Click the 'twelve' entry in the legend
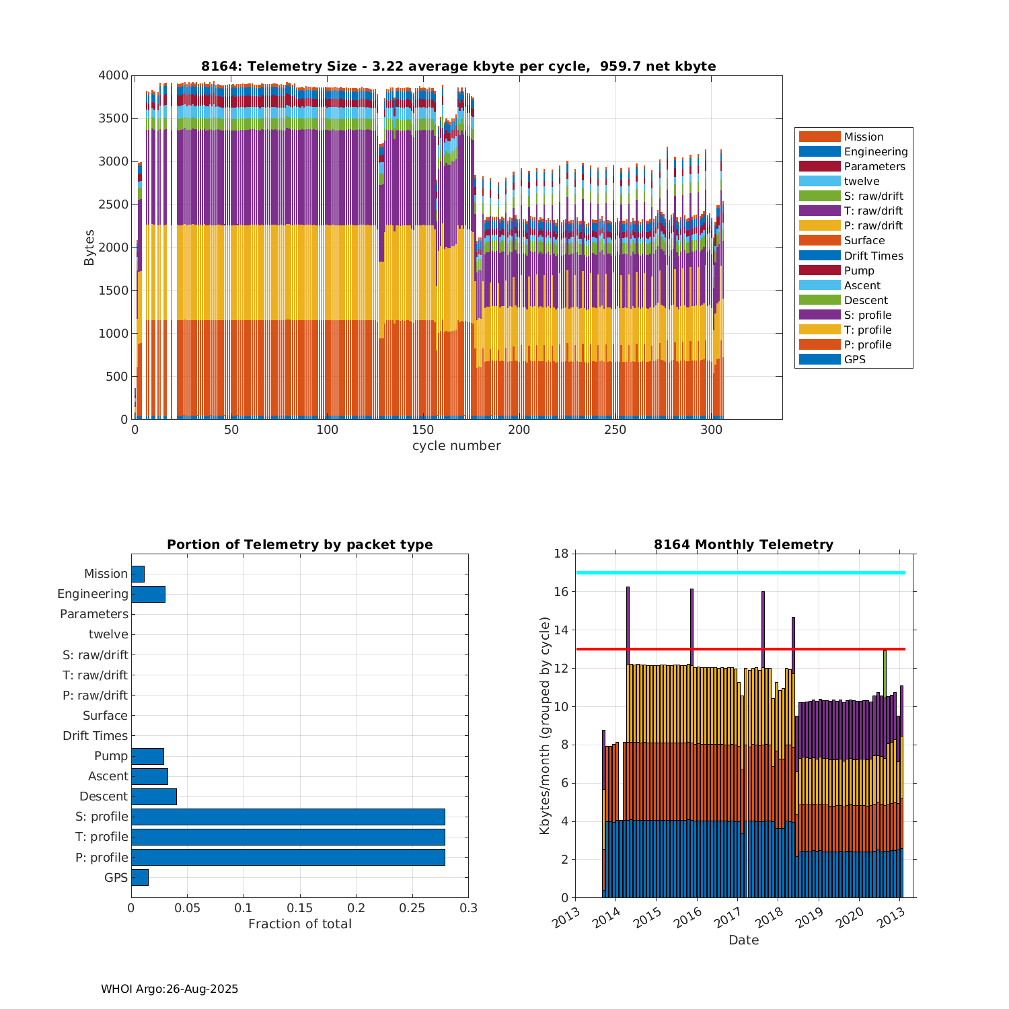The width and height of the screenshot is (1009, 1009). [x=861, y=182]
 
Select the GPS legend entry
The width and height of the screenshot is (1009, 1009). [x=854, y=360]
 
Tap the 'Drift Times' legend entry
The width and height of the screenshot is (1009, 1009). [x=873, y=256]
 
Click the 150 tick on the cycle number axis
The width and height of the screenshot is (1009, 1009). [x=423, y=430]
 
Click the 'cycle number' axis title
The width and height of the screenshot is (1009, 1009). [x=456, y=446]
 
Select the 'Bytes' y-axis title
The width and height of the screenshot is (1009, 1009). [x=89, y=248]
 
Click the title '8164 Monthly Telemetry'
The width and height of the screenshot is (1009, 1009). [x=743, y=545]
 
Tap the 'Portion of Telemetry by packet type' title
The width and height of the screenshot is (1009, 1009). [x=299, y=545]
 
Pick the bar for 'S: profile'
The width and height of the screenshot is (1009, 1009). [x=288, y=817]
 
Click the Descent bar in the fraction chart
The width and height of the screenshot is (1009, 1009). [x=154, y=796]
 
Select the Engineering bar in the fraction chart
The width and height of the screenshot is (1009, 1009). [x=148, y=594]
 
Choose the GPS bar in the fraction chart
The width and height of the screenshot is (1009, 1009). [x=140, y=877]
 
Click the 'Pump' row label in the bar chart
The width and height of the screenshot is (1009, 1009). [x=110, y=756]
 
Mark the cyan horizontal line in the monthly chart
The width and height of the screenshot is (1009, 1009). [x=740, y=573]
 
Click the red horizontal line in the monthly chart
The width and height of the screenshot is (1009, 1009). [x=740, y=649]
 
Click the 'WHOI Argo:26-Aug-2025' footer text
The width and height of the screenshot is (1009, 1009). [x=170, y=989]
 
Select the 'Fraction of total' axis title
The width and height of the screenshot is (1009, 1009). [x=299, y=924]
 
